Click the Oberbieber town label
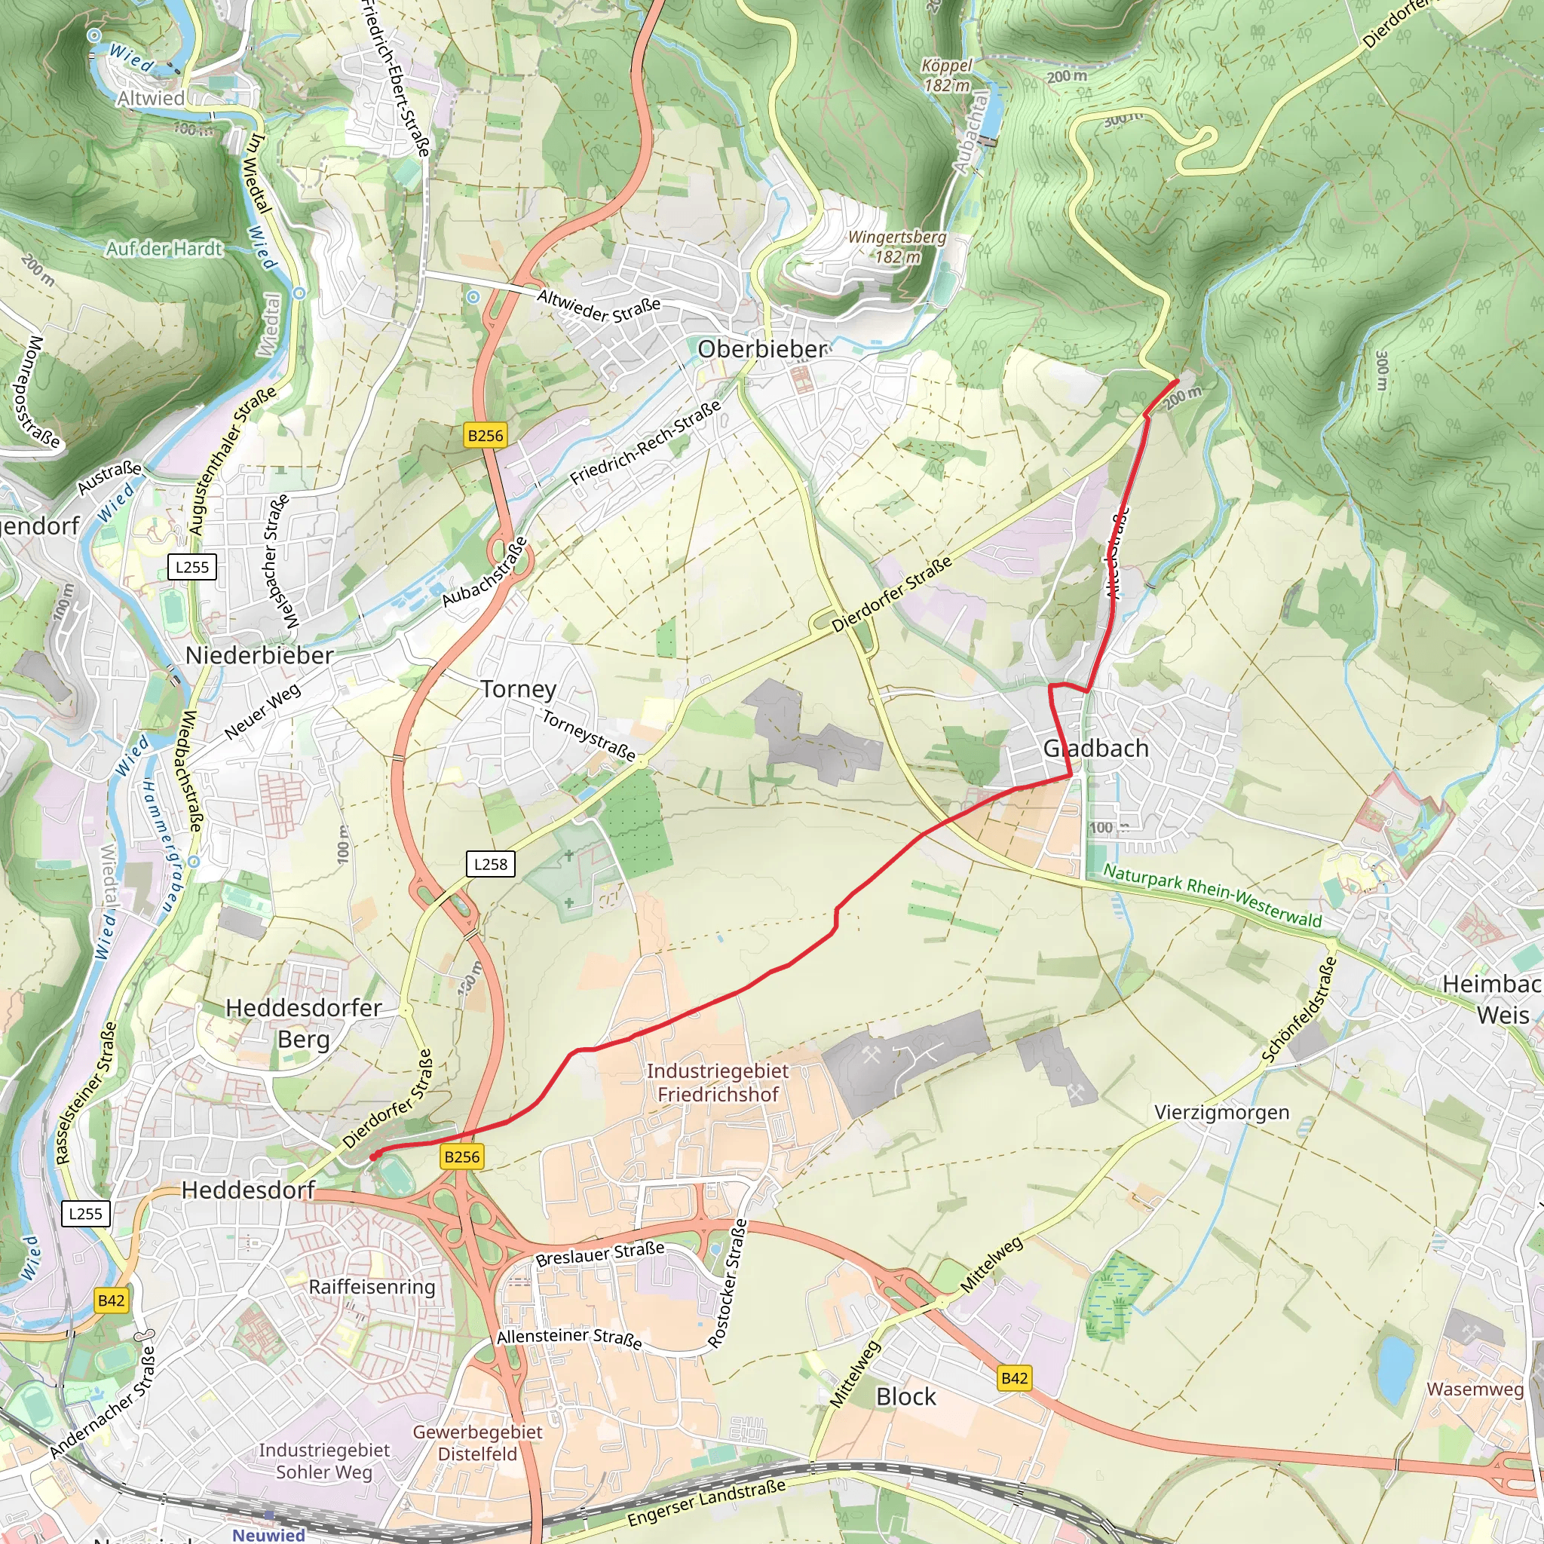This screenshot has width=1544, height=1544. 762,349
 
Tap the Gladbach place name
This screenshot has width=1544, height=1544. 1095,749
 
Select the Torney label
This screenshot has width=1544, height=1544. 519,689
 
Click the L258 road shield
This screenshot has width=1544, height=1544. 490,864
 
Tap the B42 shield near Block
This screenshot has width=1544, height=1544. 1014,1378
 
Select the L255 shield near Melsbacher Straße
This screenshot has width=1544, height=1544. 191,568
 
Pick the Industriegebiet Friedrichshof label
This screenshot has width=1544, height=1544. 717,1082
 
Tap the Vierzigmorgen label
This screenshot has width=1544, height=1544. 1221,1113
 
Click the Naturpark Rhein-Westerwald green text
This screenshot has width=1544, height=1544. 1212,895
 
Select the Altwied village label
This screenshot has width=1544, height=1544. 150,98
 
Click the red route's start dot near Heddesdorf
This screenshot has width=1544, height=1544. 373,1156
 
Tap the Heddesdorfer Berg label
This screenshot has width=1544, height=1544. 303,1024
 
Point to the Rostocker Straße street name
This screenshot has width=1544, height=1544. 728,1283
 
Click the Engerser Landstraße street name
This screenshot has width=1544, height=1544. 706,1503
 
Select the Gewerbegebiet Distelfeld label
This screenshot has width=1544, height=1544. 477,1442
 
